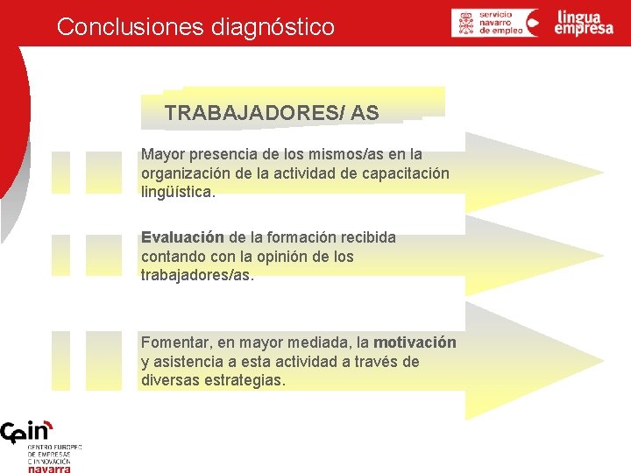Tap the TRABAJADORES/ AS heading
tap(272, 113)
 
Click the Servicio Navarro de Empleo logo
tap(495, 23)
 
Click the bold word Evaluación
tap(182, 237)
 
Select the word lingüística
tap(177, 192)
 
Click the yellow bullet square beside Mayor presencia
tap(60, 172)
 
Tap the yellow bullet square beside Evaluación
tap(60, 255)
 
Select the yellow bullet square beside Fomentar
tap(60, 359)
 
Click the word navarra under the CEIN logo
tap(49, 469)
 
